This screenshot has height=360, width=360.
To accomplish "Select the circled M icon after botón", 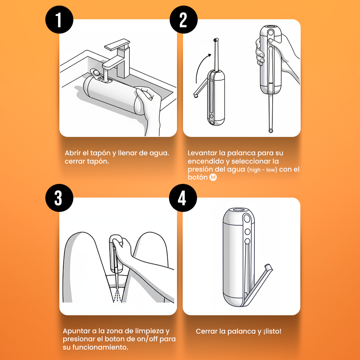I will coord(213,177).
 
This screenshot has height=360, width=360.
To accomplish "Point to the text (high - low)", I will coord(262,170).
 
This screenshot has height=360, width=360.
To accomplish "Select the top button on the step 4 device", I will coord(247,219).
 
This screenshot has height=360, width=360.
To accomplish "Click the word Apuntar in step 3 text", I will coord(76,331).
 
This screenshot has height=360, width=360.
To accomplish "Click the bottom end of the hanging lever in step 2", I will coord(270,130).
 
